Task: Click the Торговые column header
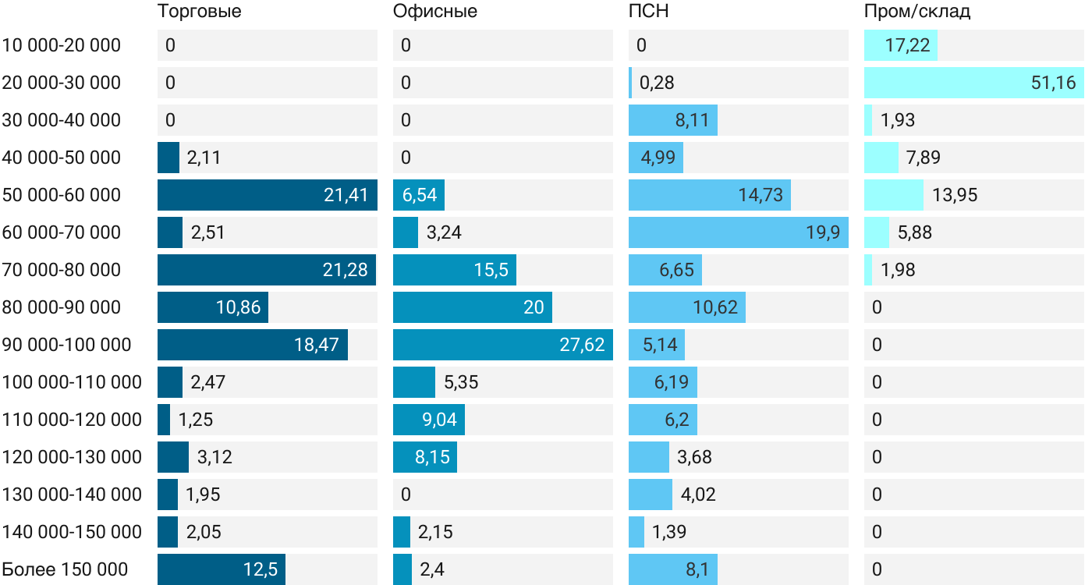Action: coord(199,12)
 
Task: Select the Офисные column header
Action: coord(434,12)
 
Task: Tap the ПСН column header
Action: coord(648,12)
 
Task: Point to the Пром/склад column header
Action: coord(916,12)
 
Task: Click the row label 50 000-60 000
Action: coord(62,195)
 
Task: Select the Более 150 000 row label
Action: coord(65,569)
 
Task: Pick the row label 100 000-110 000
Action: coord(72,382)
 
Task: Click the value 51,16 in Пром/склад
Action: coord(1053,83)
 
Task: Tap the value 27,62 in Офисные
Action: coord(582,345)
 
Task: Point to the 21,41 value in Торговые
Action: coord(346,195)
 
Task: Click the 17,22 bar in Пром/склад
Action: coord(900,45)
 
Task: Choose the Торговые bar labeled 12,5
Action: coord(221,569)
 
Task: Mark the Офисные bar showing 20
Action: coord(472,307)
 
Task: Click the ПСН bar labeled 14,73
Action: coord(709,195)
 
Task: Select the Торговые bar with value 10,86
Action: coord(212,307)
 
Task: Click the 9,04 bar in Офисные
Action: coord(429,420)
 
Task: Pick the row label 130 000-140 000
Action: coord(72,495)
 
